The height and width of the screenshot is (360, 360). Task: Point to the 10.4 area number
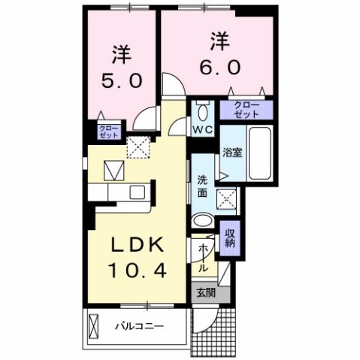pos(137,268)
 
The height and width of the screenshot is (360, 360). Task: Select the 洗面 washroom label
pos(202,186)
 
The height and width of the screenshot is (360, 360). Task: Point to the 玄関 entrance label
pos(204,294)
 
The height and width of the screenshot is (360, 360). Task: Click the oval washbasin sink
pos(202,221)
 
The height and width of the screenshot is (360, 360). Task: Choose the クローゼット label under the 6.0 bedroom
pos(246,110)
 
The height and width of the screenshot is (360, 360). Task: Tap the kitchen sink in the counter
pos(136,192)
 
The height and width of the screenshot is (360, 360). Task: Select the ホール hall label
pos(204,256)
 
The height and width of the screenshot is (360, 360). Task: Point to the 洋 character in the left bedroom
pos(121,54)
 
